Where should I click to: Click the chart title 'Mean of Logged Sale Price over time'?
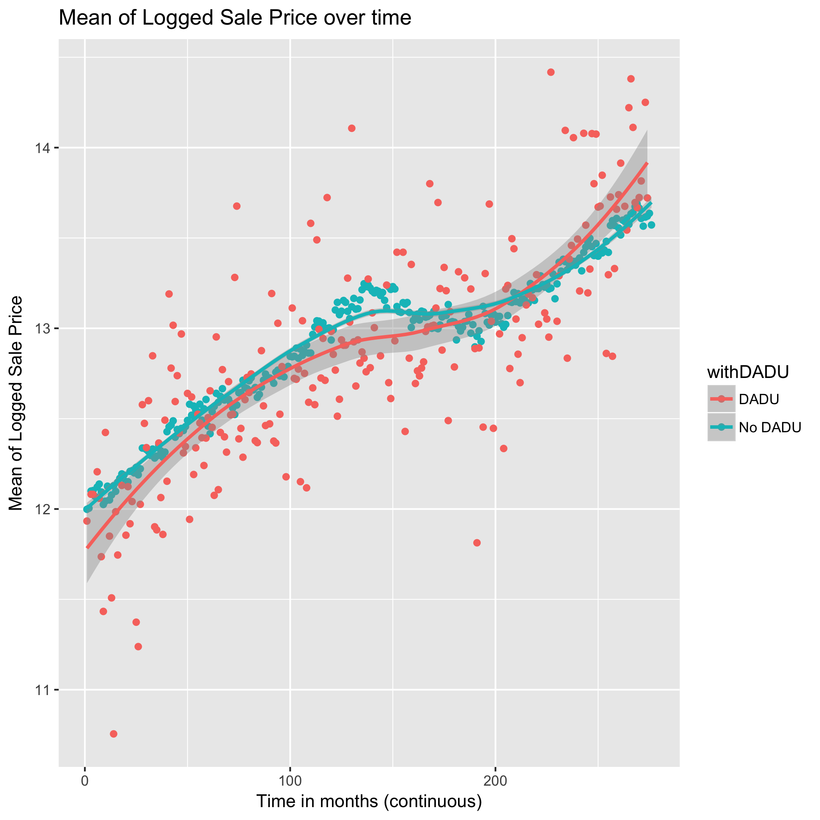[x=235, y=18]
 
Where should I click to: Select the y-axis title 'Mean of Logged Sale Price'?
[x=16, y=403]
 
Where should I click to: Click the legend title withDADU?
[x=747, y=372]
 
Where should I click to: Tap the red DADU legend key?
[x=722, y=399]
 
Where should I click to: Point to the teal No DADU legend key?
[x=722, y=427]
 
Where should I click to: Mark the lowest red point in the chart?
[x=113, y=734]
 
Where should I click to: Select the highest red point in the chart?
[x=551, y=72]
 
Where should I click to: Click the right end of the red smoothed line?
[x=647, y=162]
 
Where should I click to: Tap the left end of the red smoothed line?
[x=87, y=547]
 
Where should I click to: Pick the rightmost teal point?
[x=651, y=225]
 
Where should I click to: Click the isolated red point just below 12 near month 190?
[x=477, y=543]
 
